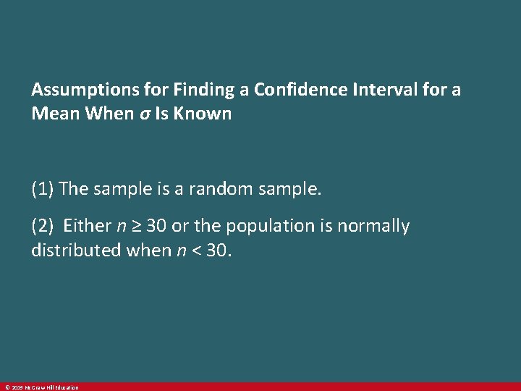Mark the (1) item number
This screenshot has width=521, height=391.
43,189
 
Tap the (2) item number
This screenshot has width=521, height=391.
43,226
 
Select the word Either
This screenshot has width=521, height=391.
87,226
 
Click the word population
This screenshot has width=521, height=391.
260,226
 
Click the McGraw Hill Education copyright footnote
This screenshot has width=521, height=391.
41,387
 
